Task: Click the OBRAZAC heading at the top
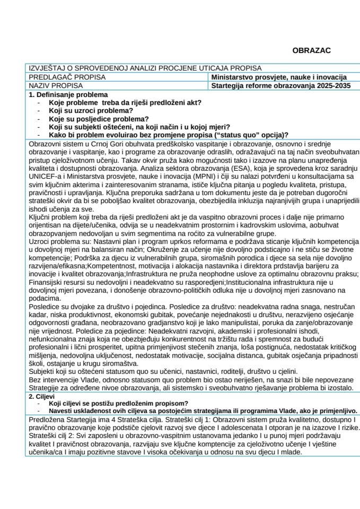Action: click(311, 50)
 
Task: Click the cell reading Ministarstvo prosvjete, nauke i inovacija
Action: click(278, 77)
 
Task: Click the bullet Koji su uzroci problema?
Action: click(90, 110)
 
